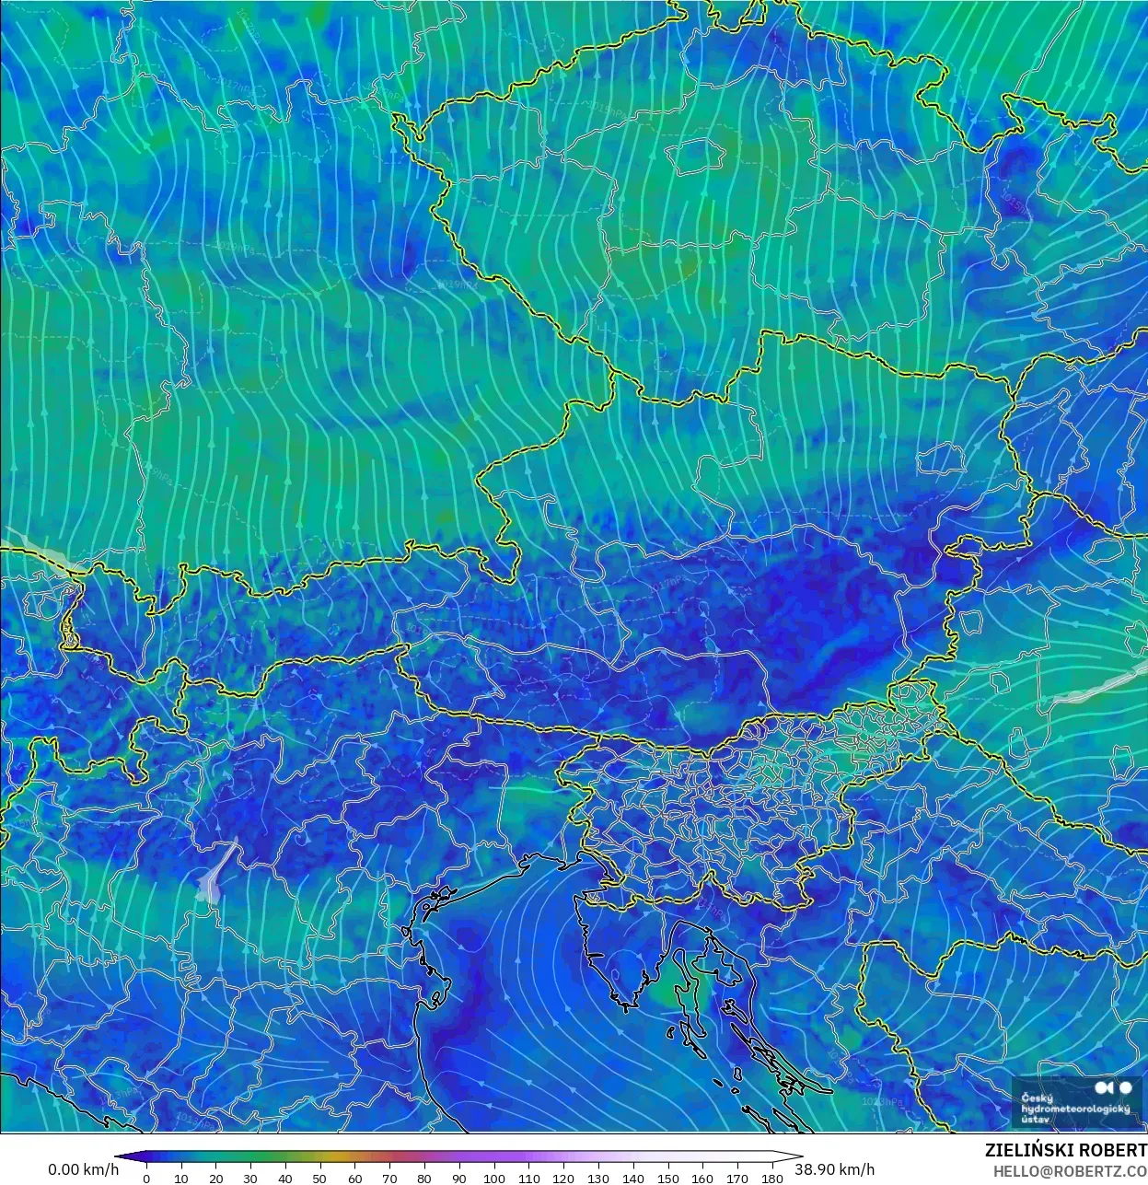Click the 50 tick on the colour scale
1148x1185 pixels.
point(319,1178)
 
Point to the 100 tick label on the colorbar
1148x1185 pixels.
point(493,1178)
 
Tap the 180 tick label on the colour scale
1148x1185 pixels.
point(772,1178)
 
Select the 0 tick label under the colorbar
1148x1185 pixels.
point(146,1178)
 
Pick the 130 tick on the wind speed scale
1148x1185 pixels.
point(598,1178)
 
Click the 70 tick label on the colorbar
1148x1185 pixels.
point(389,1178)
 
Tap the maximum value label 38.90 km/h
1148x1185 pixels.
point(835,1169)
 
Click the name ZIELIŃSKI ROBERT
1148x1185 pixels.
point(1065,1150)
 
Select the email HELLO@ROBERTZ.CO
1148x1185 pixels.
point(1070,1171)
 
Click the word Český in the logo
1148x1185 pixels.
point(1037,1098)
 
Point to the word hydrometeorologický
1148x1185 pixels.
point(1075,1109)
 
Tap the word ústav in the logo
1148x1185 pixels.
point(1035,1120)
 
